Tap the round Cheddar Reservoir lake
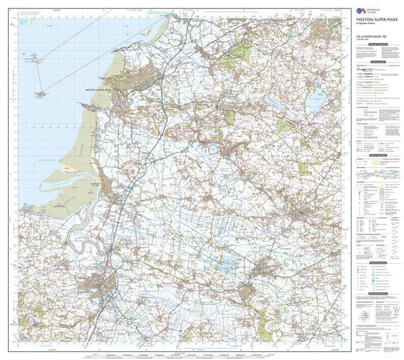212,149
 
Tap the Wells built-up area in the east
309,213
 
